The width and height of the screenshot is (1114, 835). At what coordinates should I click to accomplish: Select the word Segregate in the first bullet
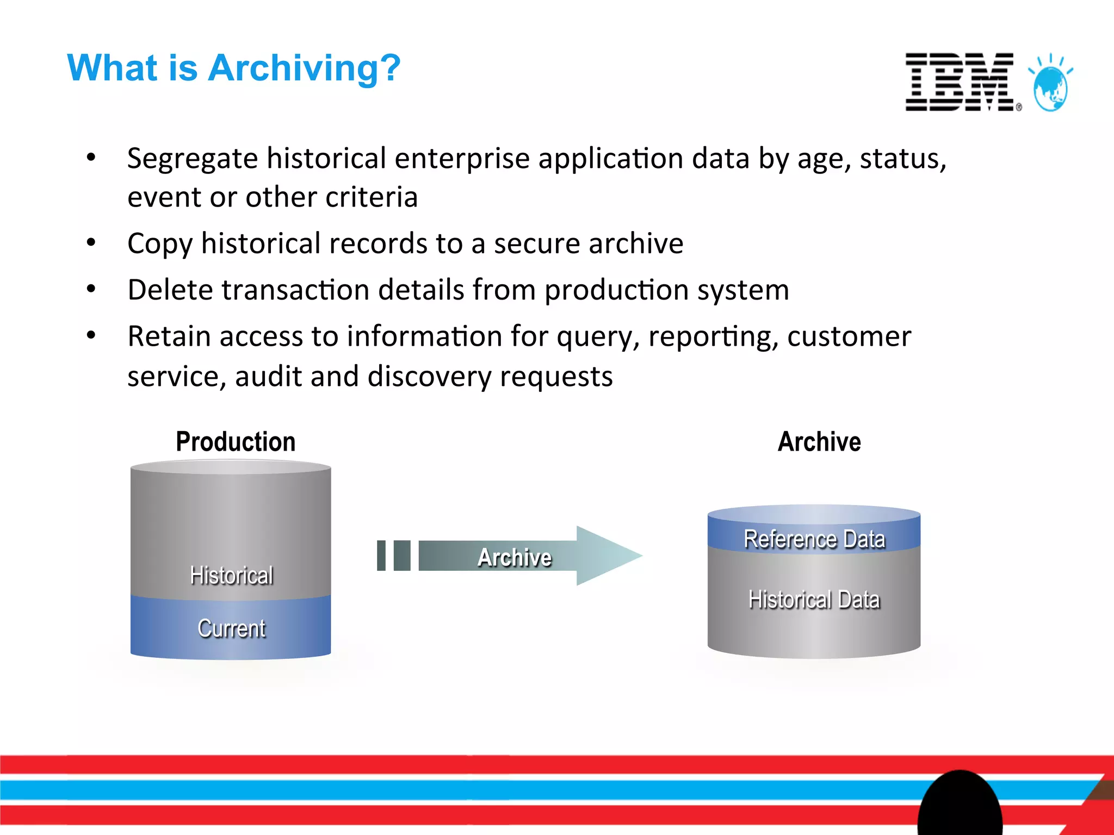[192, 159]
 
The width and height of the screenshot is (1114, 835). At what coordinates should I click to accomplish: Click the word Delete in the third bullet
[170, 290]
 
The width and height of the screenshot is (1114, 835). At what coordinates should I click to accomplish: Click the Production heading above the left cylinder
[236, 441]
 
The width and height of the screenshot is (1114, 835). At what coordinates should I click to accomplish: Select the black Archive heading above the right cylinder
[819, 441]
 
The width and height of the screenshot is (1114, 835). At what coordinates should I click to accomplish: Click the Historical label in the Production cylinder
[231, 575]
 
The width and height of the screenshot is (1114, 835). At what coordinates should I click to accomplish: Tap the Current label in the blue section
[231, 628]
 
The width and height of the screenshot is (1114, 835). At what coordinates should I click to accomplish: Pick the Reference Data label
[814, 539]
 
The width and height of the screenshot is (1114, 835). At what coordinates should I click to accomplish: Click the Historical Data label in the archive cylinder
[814, 600]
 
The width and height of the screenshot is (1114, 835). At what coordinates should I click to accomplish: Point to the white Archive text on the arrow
[514, 557]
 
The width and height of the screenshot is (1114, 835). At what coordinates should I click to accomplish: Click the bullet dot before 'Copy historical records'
[91, 242]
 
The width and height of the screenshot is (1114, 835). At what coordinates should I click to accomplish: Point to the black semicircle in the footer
[960, 805]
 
